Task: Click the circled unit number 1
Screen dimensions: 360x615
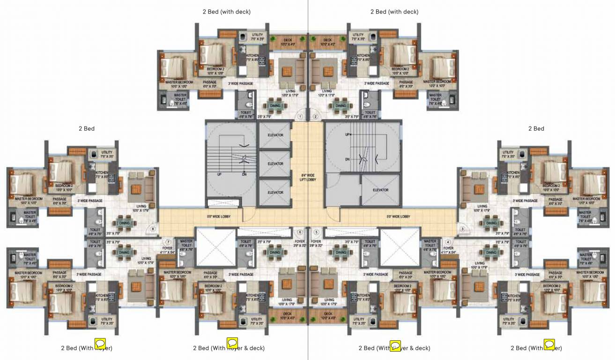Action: point(301,116)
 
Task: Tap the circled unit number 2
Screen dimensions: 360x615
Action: point(315,116)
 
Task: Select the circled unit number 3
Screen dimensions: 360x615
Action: point(462,229)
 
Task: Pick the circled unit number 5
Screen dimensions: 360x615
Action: point(316,232)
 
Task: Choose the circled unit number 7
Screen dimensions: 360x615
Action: point(168,242)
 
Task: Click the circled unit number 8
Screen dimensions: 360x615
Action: point(153,229)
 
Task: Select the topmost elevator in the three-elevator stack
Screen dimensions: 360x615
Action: point(275,135)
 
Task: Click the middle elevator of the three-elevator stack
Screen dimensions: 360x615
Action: point(275,164)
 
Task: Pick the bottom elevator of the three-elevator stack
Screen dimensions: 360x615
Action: point(275,192)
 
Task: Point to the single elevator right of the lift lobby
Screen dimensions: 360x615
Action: point(380,190)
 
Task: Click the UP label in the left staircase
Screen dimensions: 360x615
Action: point(219,174)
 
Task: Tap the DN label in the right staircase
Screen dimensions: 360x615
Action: point(347,159)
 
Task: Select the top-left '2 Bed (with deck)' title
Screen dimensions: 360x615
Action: point(227,12)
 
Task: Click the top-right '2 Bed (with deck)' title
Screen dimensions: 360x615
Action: point(394,12)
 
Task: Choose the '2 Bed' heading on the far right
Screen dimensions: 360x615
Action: point(536,128)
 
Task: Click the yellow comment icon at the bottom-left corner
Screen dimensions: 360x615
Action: point(100,344)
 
